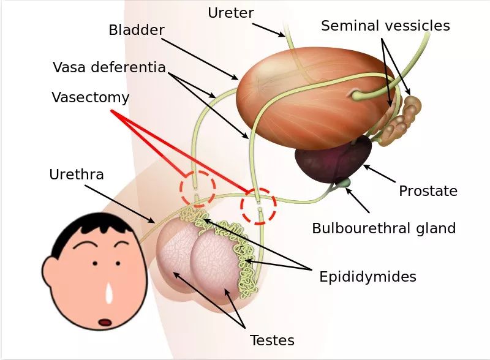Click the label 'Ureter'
click(x=230, y=12)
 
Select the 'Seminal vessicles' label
click(x=385, y=26)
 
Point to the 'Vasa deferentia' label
click(x=109, y=67)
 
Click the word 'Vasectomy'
click(x=90, y=97)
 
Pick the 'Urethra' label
click(x=77, y=175)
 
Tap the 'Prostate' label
click(x=428, y=191)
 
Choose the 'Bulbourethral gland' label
click(x=383, y=228)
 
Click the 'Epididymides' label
click(x=367, y=277)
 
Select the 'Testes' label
click(x=272, y=340)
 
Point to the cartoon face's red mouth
click(x=105, y=321)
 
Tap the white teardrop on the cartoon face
click(x=109, y=293)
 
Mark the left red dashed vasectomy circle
click(x=197, y=187)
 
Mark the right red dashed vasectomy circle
click(x=258, y=206)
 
